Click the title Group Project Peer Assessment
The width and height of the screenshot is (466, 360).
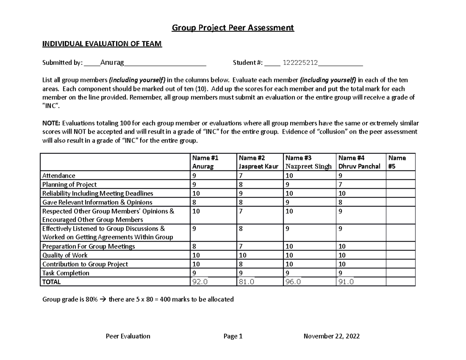(x=233, y=28)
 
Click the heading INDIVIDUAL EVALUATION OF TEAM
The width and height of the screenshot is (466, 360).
(x=102, y=44)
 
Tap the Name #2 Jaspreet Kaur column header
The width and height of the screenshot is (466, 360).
(x=258, y=162)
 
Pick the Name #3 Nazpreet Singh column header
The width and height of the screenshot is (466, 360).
(x=309, y=162)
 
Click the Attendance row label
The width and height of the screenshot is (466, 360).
(x=59, y=176)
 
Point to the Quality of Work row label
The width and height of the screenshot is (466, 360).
(x=65, y=255)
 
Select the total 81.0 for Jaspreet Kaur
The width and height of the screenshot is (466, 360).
(x=247, y=282)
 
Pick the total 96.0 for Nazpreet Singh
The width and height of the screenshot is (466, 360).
(x=294, y=282)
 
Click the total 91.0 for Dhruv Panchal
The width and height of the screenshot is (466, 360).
(x=346, y=282)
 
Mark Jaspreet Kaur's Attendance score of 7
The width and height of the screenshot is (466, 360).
(x=241, y=176)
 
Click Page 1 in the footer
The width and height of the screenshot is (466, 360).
(x=233, y=336)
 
